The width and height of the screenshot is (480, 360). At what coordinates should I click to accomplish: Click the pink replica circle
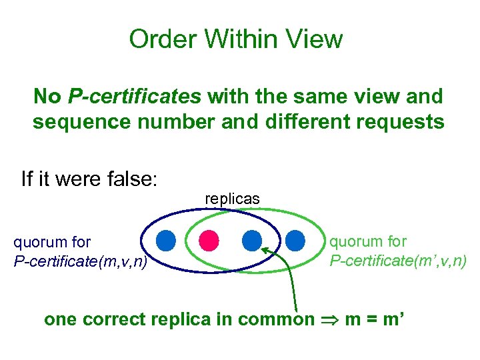click(x=209, y=239)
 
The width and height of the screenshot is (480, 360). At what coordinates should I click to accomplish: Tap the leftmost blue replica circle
click(x=166, y=239)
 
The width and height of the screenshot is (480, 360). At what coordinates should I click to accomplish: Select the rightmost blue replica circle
click(x=295, y=239)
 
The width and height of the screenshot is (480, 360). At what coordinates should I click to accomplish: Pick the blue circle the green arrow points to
click(x=251, y=239)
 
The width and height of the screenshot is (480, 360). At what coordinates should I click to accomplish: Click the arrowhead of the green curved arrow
click(x=264, y=250)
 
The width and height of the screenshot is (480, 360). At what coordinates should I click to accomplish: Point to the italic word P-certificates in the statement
click(x=134, y=97)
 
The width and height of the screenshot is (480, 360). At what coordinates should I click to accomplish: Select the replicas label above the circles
click(x=232, y=199)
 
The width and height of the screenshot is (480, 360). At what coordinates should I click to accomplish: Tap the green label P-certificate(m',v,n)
click(x=398, y=259)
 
